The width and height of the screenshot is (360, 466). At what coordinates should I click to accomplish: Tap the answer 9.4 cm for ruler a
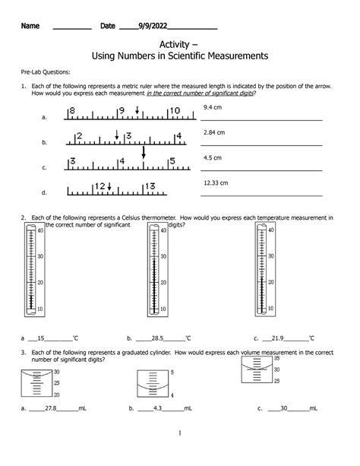point(212,108)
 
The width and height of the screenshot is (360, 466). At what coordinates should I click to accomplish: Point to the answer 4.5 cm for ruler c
point(212,157)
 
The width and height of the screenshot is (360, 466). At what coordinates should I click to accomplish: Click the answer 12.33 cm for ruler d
point(216,183)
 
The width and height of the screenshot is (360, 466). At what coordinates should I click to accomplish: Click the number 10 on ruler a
point(174,111)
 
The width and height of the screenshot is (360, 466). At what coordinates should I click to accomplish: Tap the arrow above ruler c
point(143,153)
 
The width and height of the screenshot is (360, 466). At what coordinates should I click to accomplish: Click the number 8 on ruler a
point(72,111)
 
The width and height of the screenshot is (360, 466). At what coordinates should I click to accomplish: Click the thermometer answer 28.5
point(158,338)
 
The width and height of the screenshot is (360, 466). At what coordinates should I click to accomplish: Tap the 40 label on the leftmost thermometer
point(39,230)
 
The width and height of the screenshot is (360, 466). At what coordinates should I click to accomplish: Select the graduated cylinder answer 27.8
point(52,408)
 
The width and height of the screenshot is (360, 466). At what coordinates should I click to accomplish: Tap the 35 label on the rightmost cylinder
point(277,358)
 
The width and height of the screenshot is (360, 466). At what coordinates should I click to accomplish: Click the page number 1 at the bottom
point(179,434)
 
